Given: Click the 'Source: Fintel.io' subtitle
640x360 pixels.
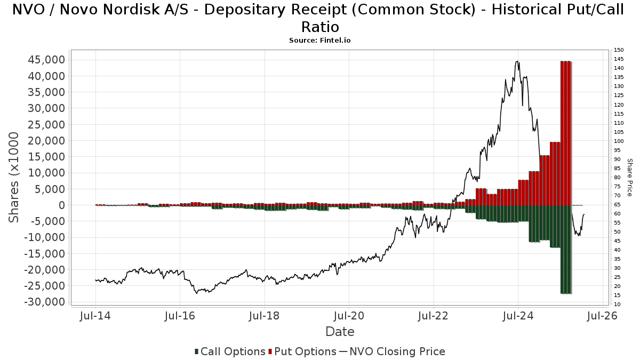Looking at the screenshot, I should pos(319,40).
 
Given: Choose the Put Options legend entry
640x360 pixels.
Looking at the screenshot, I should pos(302,351).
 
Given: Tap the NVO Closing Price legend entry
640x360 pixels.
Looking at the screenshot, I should pos(392,351).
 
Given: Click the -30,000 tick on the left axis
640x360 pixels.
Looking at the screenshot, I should pos(45,302).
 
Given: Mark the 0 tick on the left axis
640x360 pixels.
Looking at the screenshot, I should pos(61,205).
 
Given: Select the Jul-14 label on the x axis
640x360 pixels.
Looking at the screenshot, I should pos(95,316).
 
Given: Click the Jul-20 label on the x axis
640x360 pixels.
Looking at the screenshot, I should pos(349,316).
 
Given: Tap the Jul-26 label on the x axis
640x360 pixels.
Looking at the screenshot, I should pos(603,316).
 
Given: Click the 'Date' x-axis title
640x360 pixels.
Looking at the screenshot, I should pos(340,332).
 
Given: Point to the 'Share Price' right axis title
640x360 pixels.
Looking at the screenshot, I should pos(629,177).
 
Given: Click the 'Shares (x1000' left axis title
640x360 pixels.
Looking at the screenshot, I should pos(14,178).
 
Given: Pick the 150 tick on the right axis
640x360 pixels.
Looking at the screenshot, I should pos(619,50).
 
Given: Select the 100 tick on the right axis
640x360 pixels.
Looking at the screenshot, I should pos(619,141).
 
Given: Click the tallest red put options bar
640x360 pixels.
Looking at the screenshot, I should pos(566,133).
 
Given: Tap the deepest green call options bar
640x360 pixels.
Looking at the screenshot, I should pos(566,250).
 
